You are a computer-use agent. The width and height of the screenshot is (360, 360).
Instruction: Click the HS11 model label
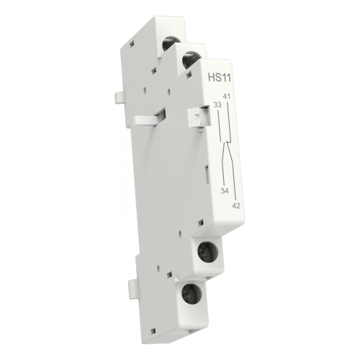[220, 78]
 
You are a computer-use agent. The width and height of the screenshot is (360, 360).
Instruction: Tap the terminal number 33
[217, 105]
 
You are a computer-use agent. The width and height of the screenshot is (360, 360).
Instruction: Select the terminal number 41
[226, 96]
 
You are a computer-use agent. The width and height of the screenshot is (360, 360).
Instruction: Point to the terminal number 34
[225, 191]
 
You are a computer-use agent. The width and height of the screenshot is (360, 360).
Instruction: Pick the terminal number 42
[236, 206]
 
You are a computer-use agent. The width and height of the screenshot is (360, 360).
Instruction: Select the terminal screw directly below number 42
[208, 252]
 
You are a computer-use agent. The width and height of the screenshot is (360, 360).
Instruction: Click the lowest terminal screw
[188, 293]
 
